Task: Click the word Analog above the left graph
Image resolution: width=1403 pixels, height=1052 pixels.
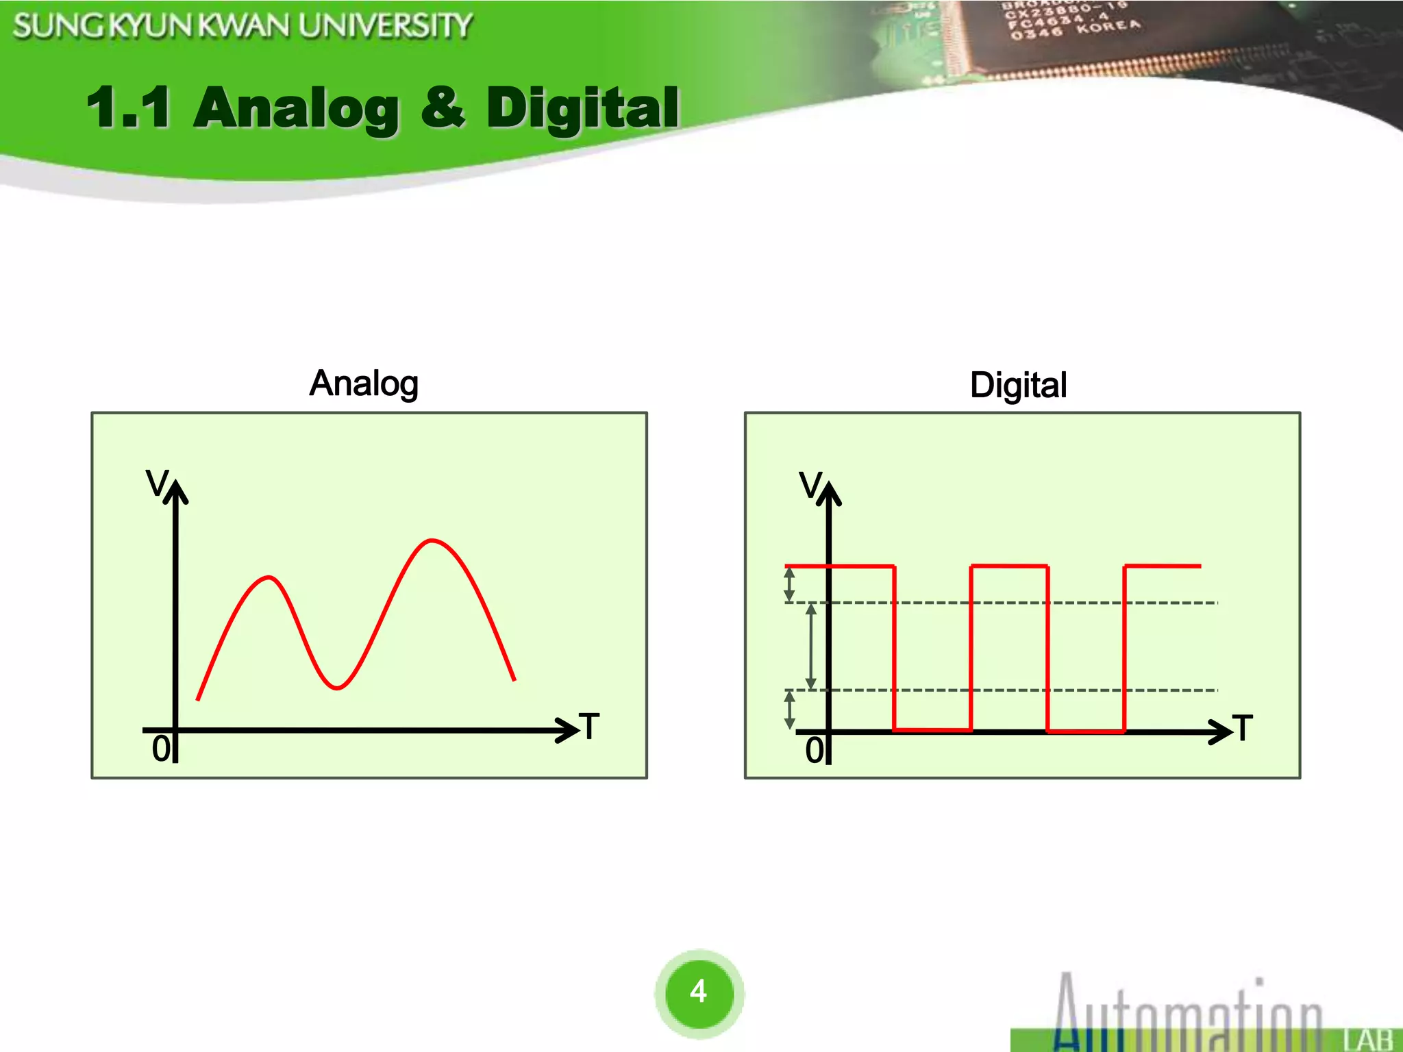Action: click(364, 384)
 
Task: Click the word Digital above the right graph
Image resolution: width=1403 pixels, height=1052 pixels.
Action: click(1018, 385)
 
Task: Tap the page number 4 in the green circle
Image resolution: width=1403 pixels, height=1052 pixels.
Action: click(698, 991)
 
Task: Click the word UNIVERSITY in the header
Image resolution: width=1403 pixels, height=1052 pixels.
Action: click(385, 26)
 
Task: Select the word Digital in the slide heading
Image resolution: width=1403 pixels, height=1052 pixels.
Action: click(583, 108)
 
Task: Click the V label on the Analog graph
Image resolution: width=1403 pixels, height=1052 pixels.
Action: click(157, 483)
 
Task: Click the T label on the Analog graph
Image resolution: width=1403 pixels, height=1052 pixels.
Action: click(589, 726)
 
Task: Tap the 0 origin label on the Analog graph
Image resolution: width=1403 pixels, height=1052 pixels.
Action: click(161, 749)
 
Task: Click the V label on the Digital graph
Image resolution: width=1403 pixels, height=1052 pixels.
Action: click(810, 485)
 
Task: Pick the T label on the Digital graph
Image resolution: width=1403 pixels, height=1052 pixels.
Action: click(1243, 728)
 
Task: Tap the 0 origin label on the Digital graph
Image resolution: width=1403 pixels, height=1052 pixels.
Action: click(815, 750)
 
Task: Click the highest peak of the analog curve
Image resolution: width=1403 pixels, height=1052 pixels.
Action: click(432, 541)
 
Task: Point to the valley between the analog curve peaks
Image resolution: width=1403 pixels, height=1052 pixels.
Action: click(336, 687)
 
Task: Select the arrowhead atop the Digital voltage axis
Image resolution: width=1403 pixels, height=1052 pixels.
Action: click(830, 491)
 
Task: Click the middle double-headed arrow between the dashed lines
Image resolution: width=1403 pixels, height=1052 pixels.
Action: click(811, 646)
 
